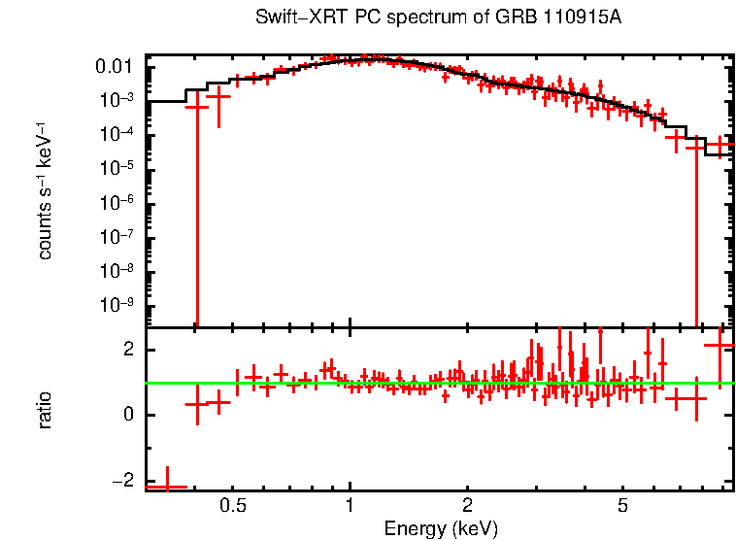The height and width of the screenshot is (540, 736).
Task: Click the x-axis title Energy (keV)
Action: [441, 529]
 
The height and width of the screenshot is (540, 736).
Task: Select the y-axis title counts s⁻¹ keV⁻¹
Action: [45, 190]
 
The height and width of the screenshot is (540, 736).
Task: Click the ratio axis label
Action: [45, 410]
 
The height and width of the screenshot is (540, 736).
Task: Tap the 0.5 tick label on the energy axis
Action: [232, 506]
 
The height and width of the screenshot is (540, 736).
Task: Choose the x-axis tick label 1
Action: [350, 506]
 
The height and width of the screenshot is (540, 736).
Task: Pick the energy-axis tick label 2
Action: [467, 506]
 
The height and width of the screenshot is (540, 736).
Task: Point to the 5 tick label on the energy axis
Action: [622, 506]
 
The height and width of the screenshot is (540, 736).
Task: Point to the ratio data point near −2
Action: [165, 486]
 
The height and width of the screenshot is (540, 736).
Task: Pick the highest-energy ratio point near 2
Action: [719, 346]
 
